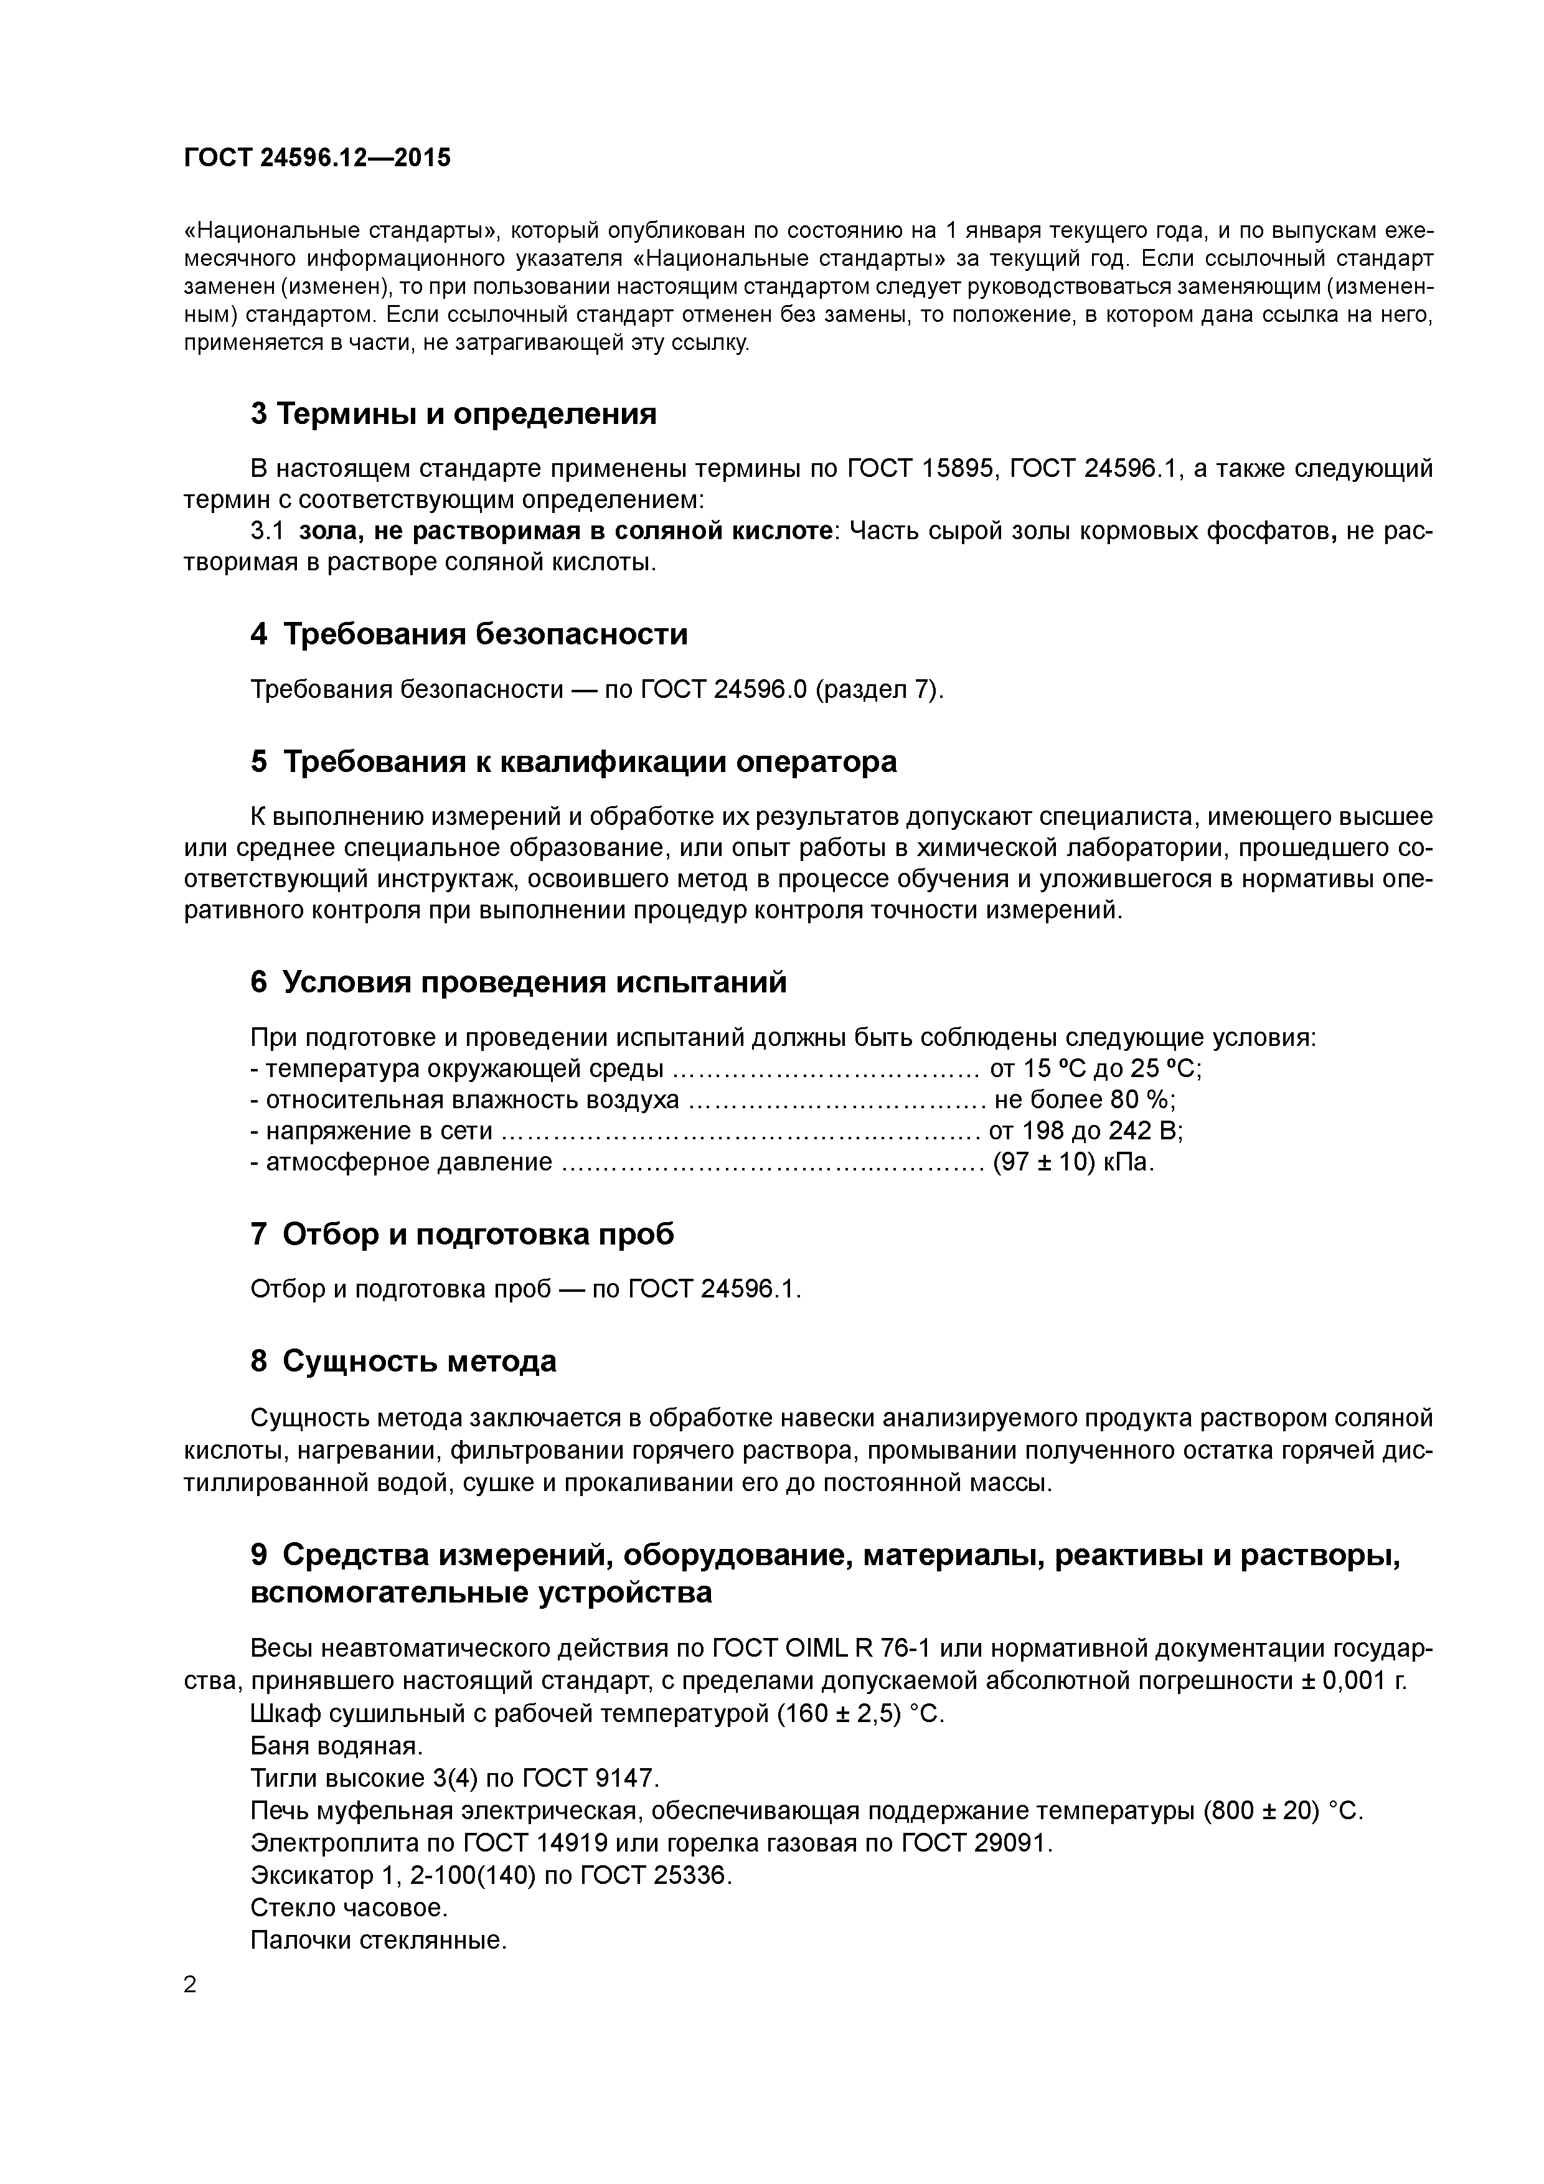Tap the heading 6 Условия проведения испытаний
[x=519, y=982]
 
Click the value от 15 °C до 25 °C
[x=1095, y=1069]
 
